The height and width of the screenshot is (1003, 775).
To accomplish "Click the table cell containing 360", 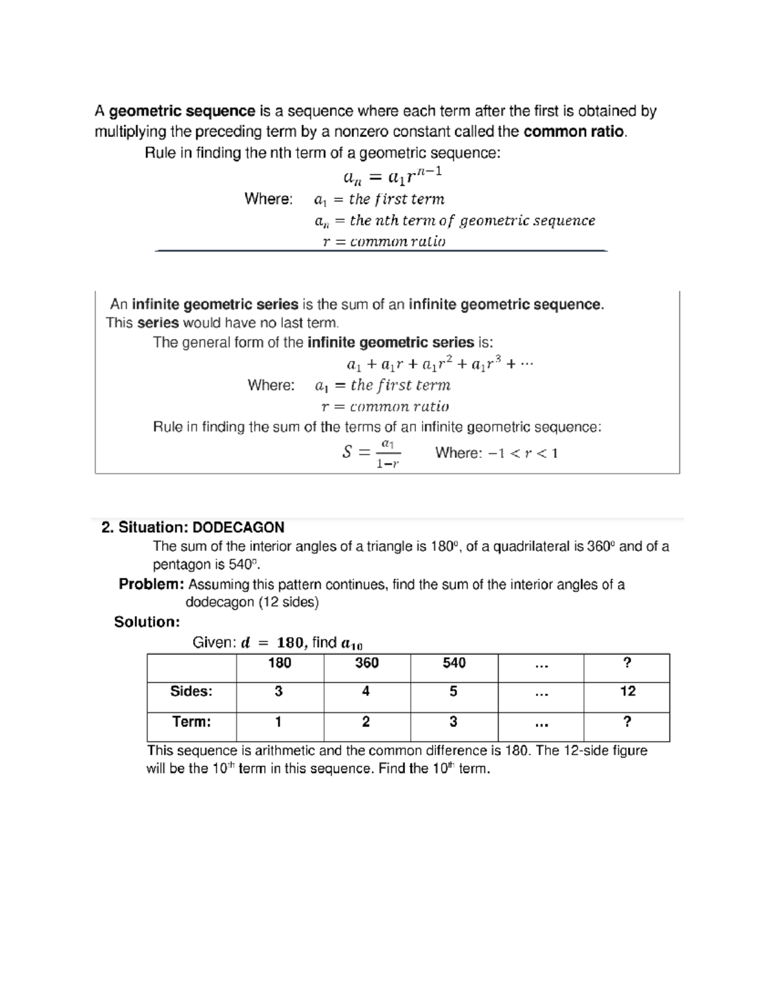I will [x=366, y=663].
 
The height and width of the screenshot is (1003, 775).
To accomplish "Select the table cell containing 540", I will [x=453, y=663].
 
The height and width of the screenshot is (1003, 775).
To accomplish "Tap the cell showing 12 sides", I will [x=627, y=692].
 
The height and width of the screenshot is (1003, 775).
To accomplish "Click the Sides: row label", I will [x=191, y=692].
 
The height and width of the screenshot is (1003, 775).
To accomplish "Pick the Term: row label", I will [x=191, y=722].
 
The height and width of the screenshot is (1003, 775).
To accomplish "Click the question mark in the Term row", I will [x=626, y=722].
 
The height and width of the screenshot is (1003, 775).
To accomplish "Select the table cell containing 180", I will [x=279, y=663].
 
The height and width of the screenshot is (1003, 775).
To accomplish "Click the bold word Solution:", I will [x=147, y=622].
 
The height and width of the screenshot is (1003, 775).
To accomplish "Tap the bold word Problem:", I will [x=152, y=584].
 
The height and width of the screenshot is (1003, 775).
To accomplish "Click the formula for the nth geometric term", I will [x=392, y=175].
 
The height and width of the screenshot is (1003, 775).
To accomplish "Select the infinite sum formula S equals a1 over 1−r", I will [x=371, y=453].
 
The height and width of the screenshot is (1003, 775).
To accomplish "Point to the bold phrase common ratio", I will [x=573, y=132].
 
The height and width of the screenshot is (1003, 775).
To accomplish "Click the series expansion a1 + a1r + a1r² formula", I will [x=440, y=364].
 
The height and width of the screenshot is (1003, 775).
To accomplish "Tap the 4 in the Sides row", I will [x=366, y=692].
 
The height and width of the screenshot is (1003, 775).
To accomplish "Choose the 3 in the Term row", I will [x=453, y=722].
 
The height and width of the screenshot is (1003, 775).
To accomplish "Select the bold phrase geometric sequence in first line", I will [x=182, y=111].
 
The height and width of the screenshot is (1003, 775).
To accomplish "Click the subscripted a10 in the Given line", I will [x=352, y=643].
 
